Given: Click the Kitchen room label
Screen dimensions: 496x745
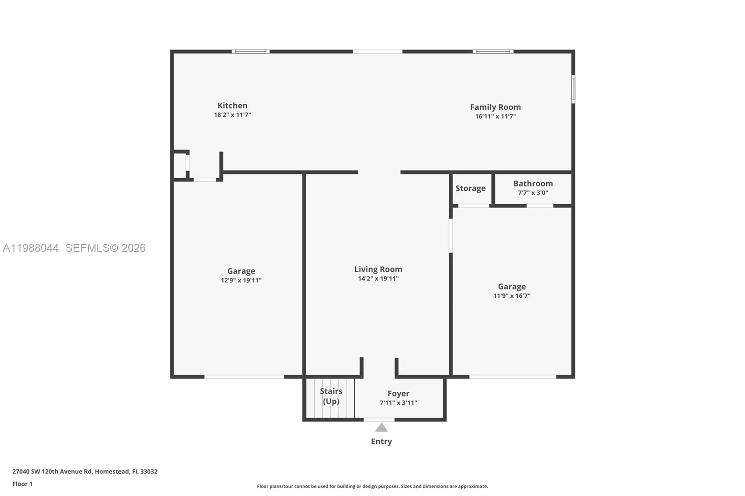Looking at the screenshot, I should click(232, 106).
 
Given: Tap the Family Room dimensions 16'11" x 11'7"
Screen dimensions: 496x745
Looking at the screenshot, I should click(495, 116).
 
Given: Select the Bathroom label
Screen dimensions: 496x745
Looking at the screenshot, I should click(533, 183).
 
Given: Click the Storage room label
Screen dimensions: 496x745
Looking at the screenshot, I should click(470, 188).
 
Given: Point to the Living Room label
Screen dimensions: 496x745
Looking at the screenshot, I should click(378, 269).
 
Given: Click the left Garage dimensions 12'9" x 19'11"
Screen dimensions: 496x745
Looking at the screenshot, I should click(241, 280).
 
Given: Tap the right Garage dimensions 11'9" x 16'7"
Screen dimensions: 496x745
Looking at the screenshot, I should click(512, 295).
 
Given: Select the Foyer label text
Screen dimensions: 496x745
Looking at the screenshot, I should click(398, 393).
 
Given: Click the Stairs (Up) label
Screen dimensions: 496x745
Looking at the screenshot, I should click(331, 396).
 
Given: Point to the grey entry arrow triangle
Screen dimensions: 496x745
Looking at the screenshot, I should click(381, 428).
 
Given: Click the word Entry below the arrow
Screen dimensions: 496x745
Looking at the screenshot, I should click(381, 441).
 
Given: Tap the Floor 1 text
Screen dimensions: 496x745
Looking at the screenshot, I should click(22, 484).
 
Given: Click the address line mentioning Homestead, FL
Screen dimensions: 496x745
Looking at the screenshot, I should click(85, 471).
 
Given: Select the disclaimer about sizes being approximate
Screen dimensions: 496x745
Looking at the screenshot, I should click(372, 486).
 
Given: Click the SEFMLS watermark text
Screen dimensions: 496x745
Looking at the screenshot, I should click(105, 248).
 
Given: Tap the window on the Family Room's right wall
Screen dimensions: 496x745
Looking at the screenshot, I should click(573, 89).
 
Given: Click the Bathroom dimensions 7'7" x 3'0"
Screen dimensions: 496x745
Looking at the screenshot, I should click(533, 193).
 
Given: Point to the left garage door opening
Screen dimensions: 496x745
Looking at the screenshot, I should click(244, 376).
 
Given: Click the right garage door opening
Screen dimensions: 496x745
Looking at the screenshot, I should click(512, 376).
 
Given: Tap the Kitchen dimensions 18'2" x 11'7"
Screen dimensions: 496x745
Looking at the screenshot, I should click(232, 115).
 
